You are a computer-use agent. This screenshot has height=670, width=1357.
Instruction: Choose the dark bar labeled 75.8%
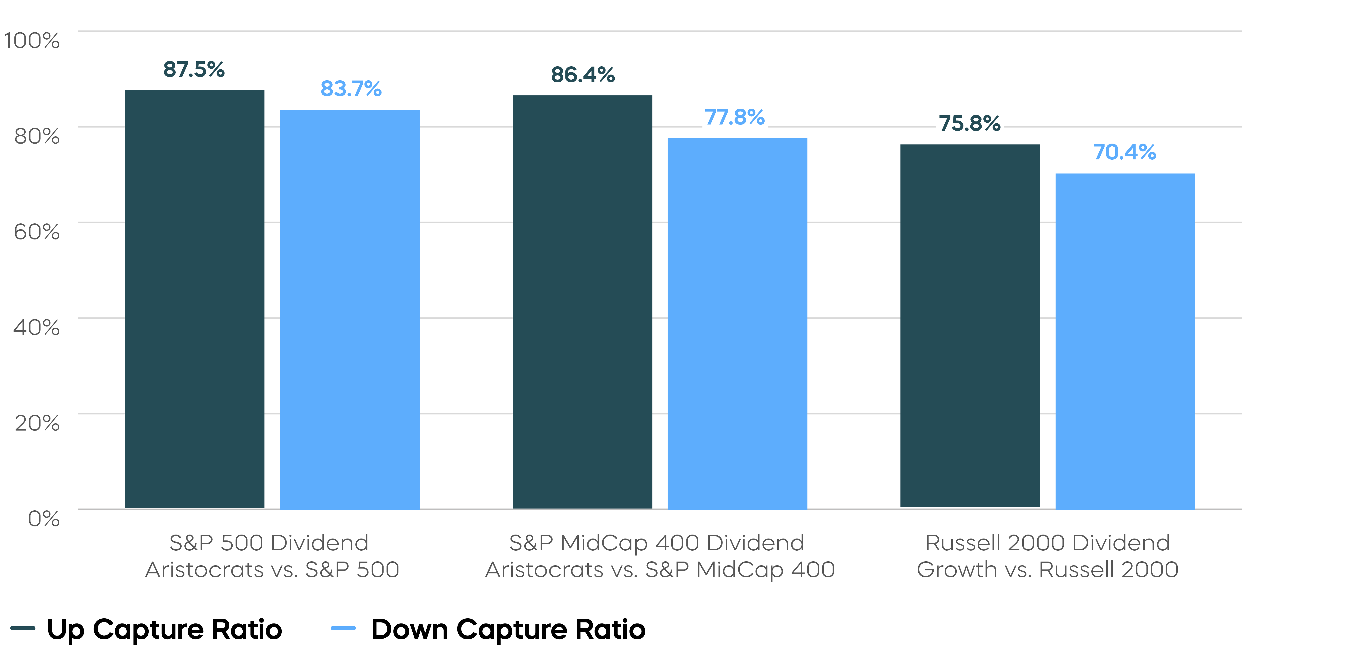pyautogui.click(x=970, y=326)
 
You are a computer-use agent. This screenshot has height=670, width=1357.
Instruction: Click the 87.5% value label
pyautogui.click(x=194, y=69)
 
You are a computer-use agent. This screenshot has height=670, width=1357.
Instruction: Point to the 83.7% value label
pyautogui.click(x=351, y=89)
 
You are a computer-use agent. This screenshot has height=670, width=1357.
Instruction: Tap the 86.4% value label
pyautogui.click(x=583, y=75)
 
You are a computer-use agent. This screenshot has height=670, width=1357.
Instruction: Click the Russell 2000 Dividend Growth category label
pyautogui.click(x=1047, y=556)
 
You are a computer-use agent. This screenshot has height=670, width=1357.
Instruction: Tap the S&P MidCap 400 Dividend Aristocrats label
pyautogui.click(x=659, y=556)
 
